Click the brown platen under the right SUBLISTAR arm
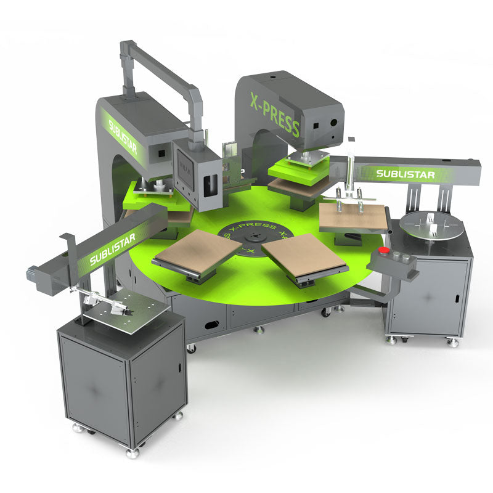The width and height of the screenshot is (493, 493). (352, 217)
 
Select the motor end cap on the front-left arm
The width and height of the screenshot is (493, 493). (33, 271)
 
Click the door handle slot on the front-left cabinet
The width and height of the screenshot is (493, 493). (178, 368)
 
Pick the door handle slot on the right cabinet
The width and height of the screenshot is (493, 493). (457, 298)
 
